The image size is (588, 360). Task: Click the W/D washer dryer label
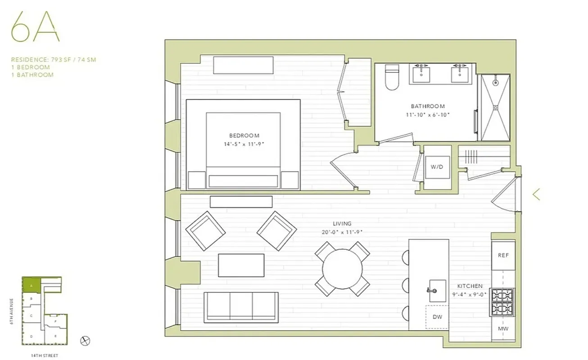coord(437,167)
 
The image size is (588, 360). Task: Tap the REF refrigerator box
coord(503,255)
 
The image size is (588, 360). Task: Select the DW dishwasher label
coord(437,317)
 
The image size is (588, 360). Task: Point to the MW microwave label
coord(503,328)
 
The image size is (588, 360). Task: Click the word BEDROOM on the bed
coord(244,135)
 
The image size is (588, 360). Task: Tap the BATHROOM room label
coord(427,107)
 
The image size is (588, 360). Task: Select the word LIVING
coord(342,224)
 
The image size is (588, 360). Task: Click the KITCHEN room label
coord(470,286)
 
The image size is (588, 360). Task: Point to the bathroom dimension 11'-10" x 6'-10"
coord(427,115)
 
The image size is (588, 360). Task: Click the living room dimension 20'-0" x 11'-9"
coord(342,232)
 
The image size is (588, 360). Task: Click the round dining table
coord(342,269)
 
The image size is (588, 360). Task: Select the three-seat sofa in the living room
coord(241,306)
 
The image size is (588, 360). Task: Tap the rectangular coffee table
coord(241,265)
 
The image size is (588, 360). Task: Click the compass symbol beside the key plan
coord(85,341)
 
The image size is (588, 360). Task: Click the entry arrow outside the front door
coord(536,194)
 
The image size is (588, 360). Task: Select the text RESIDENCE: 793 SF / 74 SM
coord(54,59)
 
